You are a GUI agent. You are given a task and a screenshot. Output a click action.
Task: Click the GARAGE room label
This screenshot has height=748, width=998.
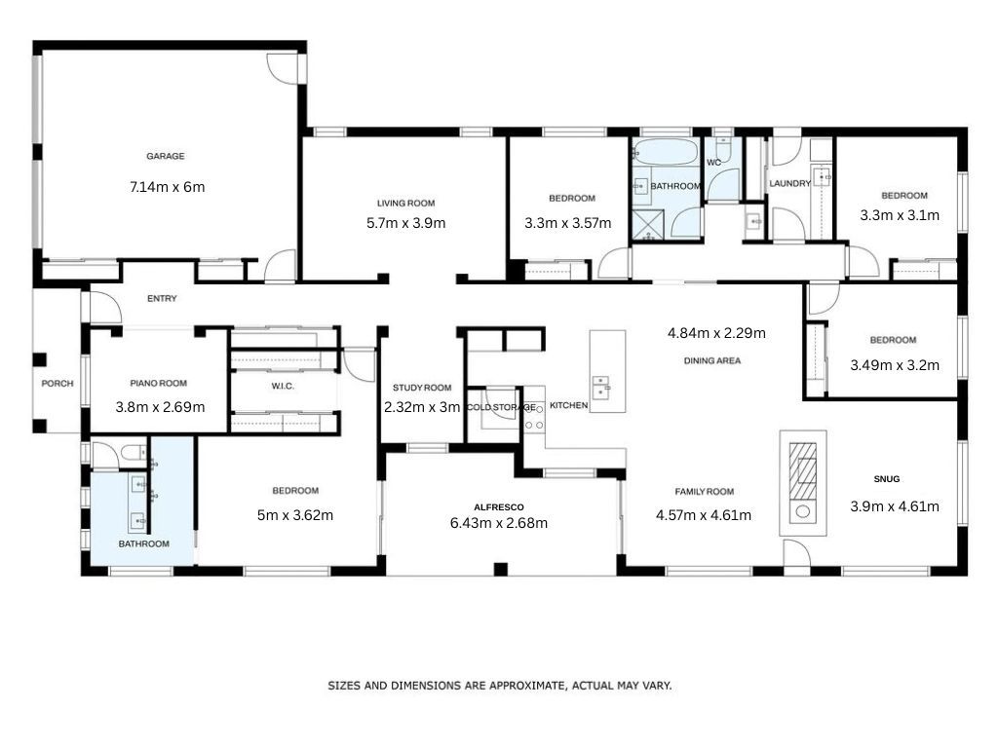(166, 156)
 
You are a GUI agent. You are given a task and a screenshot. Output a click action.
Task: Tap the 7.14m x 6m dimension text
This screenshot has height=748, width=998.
(168, 187)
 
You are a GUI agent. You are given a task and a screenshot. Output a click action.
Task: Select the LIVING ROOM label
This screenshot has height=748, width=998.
(406, 204)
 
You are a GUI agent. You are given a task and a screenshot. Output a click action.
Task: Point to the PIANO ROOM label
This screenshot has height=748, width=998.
(159, 384)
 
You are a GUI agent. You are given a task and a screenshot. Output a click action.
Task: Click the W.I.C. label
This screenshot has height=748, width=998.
(283, 386)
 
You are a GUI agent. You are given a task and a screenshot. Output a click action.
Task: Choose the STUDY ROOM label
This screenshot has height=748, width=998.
(422, 388)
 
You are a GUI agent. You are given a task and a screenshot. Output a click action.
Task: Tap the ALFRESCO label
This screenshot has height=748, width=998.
(499, 506)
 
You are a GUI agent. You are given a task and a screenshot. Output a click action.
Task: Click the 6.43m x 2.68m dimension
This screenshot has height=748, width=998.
(499, 523)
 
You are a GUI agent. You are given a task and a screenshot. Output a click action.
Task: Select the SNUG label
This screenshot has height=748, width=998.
(887, 479)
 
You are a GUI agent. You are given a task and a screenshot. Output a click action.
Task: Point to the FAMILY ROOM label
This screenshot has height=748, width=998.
(705, 492)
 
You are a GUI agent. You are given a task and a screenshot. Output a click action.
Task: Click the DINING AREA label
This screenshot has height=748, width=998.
(712, 360)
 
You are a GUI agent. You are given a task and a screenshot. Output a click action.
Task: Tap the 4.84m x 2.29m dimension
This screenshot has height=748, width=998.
(716, 333)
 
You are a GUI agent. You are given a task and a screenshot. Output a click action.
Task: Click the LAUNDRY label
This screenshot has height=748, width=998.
(789, 183)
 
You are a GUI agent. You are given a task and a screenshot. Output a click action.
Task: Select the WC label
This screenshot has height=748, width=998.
(714, 163)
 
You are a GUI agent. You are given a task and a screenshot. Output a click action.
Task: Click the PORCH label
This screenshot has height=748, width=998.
(58, 384)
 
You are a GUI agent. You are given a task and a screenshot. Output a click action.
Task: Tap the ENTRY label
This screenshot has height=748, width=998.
(163, 298)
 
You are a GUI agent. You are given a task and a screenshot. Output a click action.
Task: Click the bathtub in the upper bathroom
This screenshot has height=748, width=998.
(665, 153)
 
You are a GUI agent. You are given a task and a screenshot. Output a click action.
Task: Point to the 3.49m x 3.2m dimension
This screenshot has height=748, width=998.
(895, 365)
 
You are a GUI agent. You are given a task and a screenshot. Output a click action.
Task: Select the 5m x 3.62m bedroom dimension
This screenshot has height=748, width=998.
(295, 515)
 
